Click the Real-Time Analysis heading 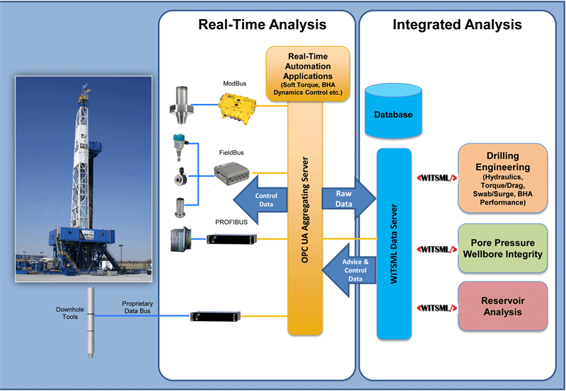(x=262, y=25)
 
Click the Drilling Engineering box (x=502, y=178)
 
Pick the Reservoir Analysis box (x=502, y=306)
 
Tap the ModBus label (x=234, y=83)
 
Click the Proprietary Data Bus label (x=137, y=305)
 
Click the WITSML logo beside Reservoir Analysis (x=434, y=308)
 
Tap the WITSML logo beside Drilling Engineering (x=434, y=178)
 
